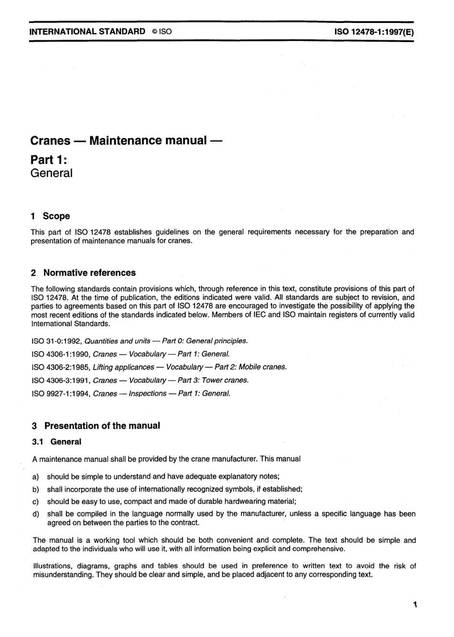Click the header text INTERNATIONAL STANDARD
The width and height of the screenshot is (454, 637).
(87, 32)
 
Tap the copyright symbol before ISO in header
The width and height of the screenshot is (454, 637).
(154, 32)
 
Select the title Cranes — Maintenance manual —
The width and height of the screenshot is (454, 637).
(126, 140)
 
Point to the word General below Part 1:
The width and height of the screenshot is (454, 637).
(51, 173)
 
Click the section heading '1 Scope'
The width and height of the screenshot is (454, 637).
(50, 216)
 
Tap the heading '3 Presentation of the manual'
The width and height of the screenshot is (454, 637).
(96, 426)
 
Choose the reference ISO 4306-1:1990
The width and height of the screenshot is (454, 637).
(61, 354)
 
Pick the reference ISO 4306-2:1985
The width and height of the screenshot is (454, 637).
(61, 367)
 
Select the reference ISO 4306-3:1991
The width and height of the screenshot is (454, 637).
(61, 380)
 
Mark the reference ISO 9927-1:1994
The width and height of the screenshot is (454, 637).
(61, 394)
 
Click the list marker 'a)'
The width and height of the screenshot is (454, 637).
(35, 476)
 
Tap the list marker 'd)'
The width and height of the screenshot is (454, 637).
(35, 514)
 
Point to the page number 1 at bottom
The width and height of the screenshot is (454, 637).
(415, 605)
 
